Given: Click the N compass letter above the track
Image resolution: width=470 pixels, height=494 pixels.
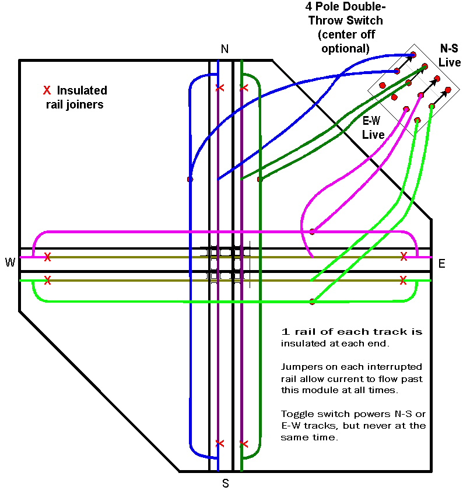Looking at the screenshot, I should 225,49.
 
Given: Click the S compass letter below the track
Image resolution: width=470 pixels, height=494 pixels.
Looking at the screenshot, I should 226,483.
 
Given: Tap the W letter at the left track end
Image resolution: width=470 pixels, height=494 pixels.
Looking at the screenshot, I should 10,263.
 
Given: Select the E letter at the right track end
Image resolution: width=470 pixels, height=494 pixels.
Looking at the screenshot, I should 442,264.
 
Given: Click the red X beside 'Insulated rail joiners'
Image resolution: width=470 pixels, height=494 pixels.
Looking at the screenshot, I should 47,90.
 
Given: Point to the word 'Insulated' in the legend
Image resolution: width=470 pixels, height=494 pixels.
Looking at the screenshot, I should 82,90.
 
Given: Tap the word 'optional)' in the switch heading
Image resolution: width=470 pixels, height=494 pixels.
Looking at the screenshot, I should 348,48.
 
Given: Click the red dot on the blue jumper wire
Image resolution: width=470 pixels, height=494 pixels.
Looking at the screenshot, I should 190,179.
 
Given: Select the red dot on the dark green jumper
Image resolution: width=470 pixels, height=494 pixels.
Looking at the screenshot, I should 259,179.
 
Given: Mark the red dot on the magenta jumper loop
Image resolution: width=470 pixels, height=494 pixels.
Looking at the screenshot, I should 312,232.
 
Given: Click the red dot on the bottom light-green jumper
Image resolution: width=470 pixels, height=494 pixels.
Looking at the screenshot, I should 312,302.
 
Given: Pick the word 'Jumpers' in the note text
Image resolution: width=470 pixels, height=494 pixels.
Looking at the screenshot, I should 300,367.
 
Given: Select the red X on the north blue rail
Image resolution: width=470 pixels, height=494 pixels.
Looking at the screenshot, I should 219,88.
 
